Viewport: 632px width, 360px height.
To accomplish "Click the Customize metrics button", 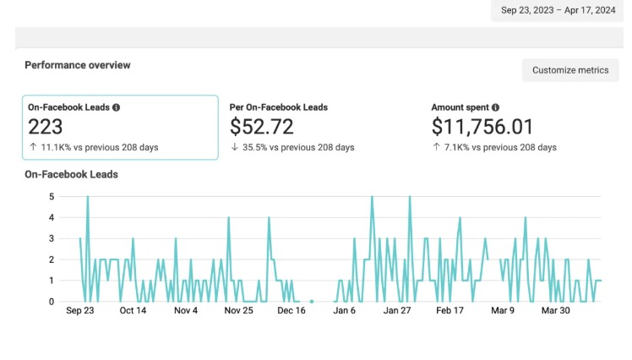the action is (570, 70).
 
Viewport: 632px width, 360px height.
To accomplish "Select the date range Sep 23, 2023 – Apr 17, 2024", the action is (558, 10).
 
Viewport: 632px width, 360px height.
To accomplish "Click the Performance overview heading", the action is (78, 65).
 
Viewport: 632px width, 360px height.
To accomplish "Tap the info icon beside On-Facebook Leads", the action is (116, 107).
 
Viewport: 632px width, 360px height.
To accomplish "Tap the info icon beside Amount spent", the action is (495, 107).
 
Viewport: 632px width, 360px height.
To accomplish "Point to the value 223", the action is (45, 127).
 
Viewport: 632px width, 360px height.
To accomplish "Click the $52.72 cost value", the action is (262, 127).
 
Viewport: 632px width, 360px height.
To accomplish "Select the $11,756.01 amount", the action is (482, 127).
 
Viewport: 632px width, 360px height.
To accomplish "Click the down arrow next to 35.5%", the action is (235, 147).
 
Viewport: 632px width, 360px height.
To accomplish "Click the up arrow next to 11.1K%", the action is (33, 147).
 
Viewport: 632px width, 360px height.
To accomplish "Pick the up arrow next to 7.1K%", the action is (436, 147).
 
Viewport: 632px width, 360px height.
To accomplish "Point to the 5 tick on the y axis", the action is (52, 197).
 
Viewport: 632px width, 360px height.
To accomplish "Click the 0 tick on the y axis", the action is (52, 302).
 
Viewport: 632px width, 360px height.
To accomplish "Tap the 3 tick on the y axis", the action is (52, 238).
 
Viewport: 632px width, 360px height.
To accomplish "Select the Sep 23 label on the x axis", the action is (79, 310).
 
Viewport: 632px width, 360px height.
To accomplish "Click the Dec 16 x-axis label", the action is (291, 310).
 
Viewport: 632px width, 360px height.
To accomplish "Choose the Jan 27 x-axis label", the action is (397, 310).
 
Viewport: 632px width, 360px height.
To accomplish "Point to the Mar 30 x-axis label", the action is (555, 310).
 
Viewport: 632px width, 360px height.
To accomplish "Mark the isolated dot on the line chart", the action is (312, 302).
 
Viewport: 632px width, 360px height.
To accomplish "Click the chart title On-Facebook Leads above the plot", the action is (71, 175).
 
